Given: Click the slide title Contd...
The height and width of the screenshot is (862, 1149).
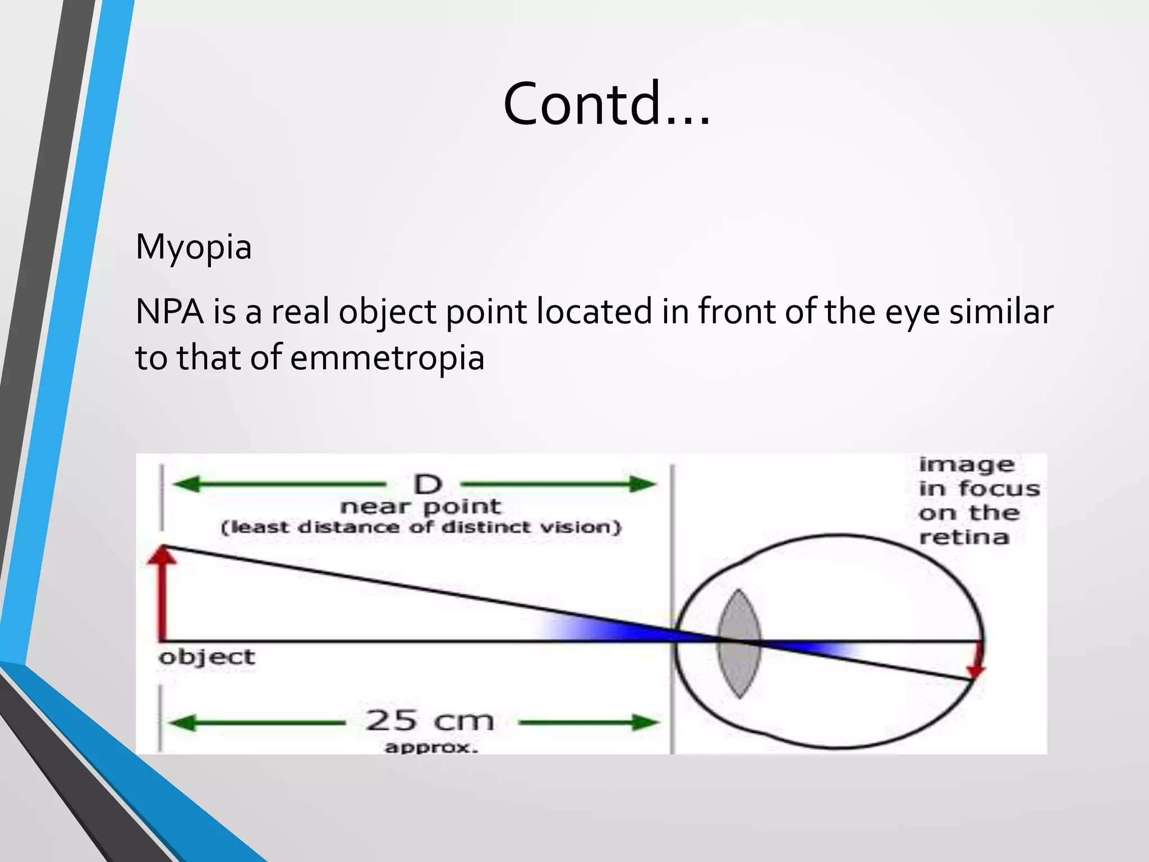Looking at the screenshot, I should click(x=606, y=104).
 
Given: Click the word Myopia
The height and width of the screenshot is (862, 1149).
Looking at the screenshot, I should click(x=194, y=247).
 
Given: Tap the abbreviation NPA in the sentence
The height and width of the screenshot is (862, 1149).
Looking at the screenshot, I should click(x=169, y=312).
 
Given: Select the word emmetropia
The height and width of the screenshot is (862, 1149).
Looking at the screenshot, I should click(x=387, y=358).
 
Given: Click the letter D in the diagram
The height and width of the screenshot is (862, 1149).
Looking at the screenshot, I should click(x=428, y=484).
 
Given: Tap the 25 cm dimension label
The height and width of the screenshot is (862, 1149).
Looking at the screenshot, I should click(x=430, y=721).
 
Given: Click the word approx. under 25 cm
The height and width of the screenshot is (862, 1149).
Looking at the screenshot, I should click(x=431, y=748).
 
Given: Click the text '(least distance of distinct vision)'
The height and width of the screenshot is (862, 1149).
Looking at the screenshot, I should click(x=421, y=528).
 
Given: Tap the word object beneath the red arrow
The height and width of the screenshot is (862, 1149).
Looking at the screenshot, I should click(x=206, y=657).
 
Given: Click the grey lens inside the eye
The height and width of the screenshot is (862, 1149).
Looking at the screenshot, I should click(x=739, y=643).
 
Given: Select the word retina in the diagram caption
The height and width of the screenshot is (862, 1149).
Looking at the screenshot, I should click(x=964, y=538).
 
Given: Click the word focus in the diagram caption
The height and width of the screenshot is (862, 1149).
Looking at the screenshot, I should click(x=999, y=489).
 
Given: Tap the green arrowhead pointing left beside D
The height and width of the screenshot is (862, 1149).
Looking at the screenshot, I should click(x=185, y=484).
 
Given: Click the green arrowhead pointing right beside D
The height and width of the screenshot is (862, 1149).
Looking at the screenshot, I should click(x=642, y=484).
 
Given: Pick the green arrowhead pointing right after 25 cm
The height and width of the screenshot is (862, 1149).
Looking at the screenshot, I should click(x=645, y=723).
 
